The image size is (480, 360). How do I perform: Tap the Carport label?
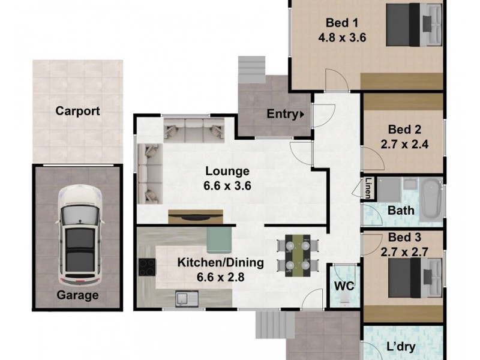pos(77,111)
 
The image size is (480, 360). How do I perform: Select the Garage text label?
pos(77,295)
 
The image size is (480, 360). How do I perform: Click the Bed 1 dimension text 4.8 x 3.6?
pos(342,37)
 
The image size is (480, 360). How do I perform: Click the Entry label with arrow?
pos(285,113)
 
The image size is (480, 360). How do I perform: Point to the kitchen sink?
pos(184,297)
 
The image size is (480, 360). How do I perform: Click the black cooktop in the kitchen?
pos(147,266)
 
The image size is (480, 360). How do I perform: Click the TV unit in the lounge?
pos(196,216)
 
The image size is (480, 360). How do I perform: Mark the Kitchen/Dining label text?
pos(221,262)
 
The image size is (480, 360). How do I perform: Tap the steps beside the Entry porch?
pos(251,70)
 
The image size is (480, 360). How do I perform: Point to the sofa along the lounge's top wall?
pos(193,128)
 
